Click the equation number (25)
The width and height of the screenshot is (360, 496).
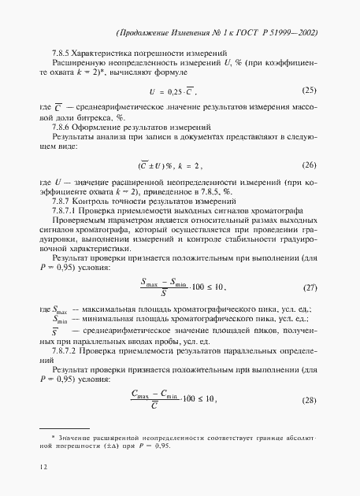[x=310, y=90]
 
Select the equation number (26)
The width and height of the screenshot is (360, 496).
[x=310, y=165]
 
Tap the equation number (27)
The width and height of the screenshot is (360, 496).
[x=310, y=288]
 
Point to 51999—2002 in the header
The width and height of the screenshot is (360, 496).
[x=293, y=35]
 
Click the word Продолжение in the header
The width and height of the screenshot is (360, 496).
[x=148, y=35]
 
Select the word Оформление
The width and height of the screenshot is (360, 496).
[x=109, y=127]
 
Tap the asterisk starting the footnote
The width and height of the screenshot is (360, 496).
[x=53, y=435]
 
